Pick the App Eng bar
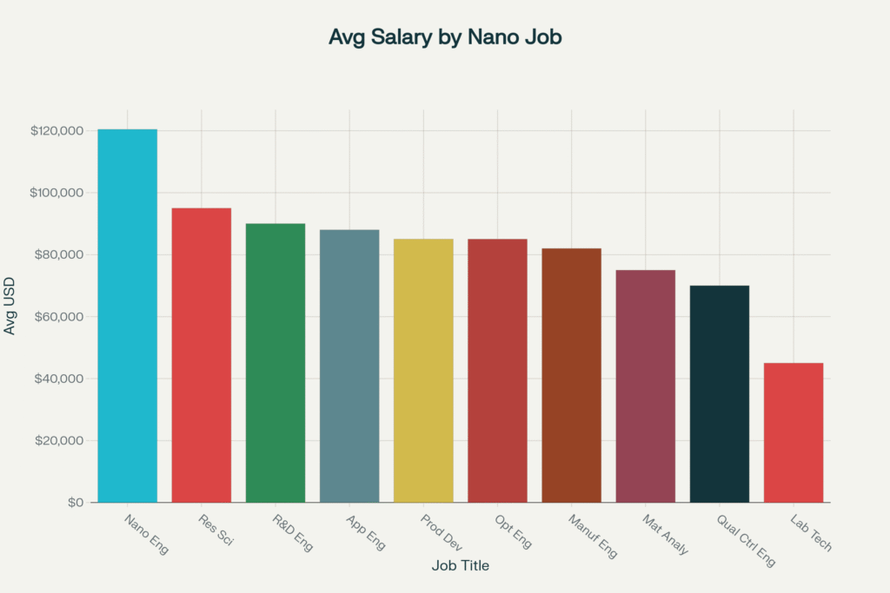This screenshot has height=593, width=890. [349, 366]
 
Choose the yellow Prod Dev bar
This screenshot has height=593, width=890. [423, 370]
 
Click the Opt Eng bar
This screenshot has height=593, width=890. [497, 370]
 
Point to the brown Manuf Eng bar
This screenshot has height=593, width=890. [571, 375]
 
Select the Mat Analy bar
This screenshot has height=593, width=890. [645, 385]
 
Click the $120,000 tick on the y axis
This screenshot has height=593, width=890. [56, 131]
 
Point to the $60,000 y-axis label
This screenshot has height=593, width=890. [59, 317]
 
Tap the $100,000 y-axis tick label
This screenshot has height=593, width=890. [56, 193]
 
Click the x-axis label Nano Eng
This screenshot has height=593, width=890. [146, 534]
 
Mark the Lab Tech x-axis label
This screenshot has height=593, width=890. [811, 533]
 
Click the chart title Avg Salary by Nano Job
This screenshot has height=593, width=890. [445, 37]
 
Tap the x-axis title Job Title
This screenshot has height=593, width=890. [460, 566]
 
